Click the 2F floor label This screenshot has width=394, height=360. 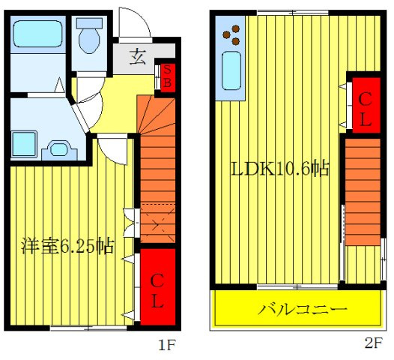pyautogui.click(x=374, y=344)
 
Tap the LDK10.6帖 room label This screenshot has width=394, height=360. pyautogui.click(x=279, y=169)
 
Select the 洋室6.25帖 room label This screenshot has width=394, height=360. pyautogui.click(x=67, y=244)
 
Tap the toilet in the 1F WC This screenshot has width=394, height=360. pyautogui.click(x=90, y=37)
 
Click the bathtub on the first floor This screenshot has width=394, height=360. pyautogui.click(x=40, y=34)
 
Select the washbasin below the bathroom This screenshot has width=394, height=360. pyautogui.click(x=58, y=146)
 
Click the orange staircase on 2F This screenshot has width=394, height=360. pyautogui.click(x=363, y=191)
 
